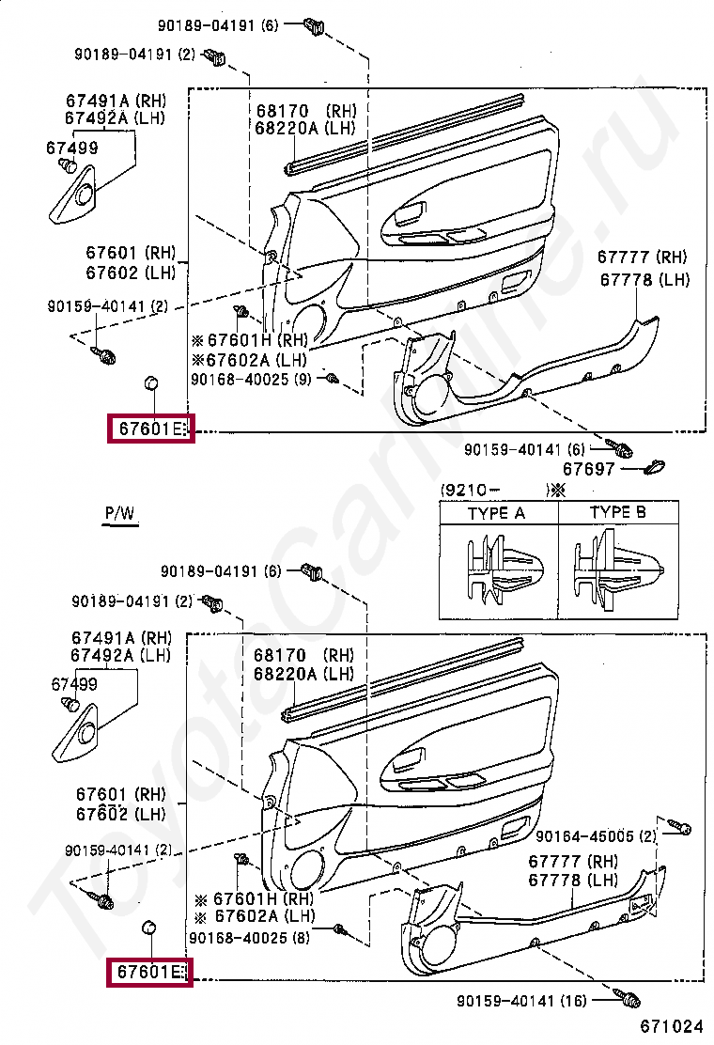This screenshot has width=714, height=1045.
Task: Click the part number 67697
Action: click(589, 468)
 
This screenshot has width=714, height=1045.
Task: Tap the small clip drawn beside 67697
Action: click(655, 466)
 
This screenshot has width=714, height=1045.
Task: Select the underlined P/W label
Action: click(119, 513)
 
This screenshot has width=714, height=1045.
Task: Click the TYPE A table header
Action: click(496, 513)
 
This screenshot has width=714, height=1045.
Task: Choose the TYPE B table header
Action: click(617, 512)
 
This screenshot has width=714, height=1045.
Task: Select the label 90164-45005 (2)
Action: click(597, 835)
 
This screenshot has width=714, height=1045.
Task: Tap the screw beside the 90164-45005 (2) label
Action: click(679, 828)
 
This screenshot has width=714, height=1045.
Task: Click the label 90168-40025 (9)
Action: click(251, 379)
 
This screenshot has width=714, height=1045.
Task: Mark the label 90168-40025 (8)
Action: click(250, 937)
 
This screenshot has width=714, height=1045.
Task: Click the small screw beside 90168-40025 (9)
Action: click(333, 378)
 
